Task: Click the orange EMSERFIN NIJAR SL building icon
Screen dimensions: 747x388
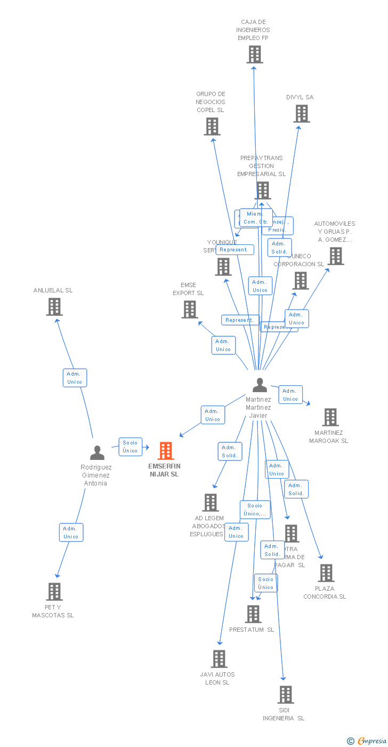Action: point(166,451)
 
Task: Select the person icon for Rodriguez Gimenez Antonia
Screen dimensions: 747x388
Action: point(97,452)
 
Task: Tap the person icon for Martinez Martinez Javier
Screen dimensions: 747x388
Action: point(260,385)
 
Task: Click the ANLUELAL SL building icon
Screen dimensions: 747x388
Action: point(54,307)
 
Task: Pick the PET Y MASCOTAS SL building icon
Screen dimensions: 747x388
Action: point(54,592)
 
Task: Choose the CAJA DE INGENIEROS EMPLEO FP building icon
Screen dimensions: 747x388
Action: point(255,54)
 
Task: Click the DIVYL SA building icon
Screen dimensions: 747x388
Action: point(302,114)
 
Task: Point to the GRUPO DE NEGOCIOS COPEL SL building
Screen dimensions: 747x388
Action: point(212,126)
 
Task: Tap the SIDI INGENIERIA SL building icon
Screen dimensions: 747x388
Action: point(286,695)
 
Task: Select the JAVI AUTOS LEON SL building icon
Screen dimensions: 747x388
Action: point(219,659)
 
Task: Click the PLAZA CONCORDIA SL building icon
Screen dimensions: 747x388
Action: point(326,573)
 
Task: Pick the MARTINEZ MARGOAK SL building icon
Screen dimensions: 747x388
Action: point(330,417)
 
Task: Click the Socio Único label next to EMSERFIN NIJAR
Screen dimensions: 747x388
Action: point(130,447)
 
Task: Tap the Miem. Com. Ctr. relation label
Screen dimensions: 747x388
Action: point(255,218)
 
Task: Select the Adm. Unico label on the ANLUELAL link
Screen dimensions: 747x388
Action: point(75,378)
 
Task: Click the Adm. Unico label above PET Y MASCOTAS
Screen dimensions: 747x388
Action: point(71,533)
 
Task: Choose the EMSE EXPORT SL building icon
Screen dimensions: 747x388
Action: point(190,309)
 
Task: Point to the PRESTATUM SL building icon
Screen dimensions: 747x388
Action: point(253,614)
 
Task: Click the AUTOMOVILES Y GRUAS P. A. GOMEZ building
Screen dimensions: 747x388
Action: point(336,256)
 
